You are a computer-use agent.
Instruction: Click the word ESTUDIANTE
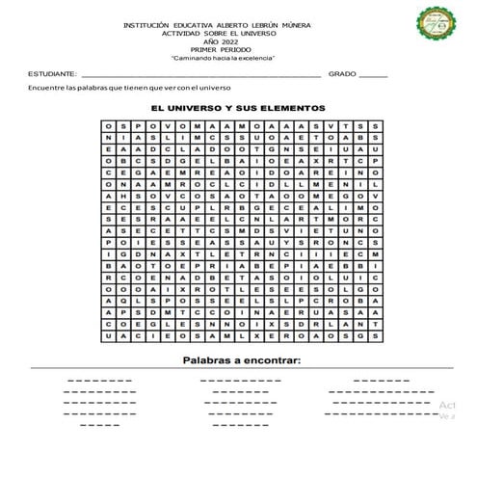point(52,73)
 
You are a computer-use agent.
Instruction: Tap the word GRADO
point(341,73)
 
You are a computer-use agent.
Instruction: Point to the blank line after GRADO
point(373,75)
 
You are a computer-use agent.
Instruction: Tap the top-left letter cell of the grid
point(110,126)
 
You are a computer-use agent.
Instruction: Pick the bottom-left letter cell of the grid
point(110,338)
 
